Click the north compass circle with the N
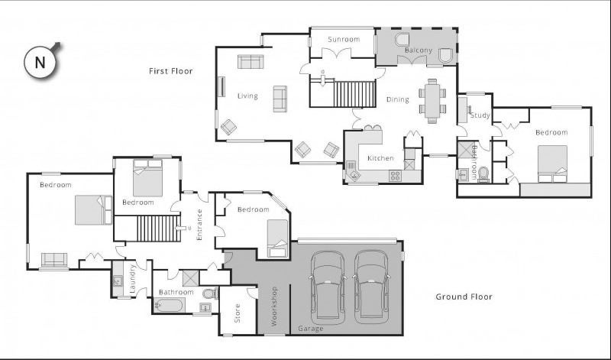click(x=40, y=62)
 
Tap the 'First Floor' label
click(x=170, y=71)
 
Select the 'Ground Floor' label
click(x=464, y=297)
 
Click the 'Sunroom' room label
click(x=343, y=39)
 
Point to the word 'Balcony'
click(x=418, y=50)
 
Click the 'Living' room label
click(x=247, y=96)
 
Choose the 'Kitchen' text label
click(x=380, y=158)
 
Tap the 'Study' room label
click(x=480, y=115)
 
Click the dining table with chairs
click(x=432, y=100)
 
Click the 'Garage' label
click(x=311, y=329)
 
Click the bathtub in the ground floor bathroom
click(x=169, y=306)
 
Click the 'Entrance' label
click(x=199, y=225)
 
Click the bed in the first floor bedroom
click(x=552, y=164)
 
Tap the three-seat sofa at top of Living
click(x=250, y=62)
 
